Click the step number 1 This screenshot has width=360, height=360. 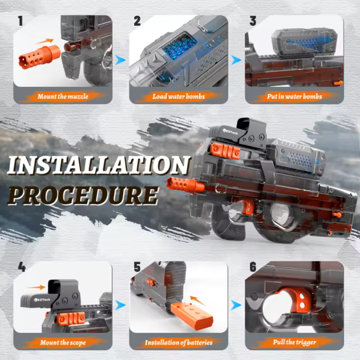21,21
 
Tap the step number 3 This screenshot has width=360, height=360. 253,21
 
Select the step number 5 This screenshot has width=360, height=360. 137,267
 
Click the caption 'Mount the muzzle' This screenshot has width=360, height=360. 63,97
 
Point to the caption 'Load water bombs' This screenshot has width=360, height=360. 178,97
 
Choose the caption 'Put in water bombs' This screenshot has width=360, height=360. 294,97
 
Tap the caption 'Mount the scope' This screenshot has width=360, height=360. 63,343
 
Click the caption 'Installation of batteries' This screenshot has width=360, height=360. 178,343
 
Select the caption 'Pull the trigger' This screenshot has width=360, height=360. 294,343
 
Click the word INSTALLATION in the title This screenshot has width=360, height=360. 99,165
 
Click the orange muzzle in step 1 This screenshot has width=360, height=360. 40,57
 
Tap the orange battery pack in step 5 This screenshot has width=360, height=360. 192,315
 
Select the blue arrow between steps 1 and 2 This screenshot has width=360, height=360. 120,60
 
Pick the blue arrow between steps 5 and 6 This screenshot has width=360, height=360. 236,305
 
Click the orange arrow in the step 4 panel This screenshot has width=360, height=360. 37,287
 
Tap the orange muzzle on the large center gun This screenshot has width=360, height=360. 186,185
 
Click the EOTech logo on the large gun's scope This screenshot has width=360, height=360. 230,132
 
